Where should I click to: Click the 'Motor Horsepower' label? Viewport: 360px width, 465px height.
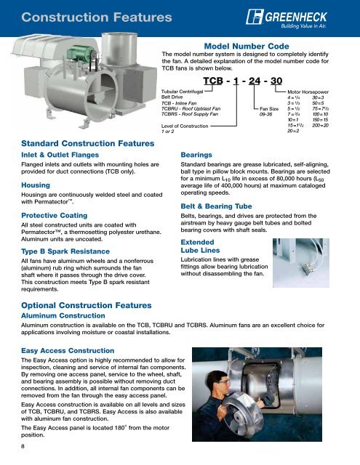(x=313, y=94)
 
